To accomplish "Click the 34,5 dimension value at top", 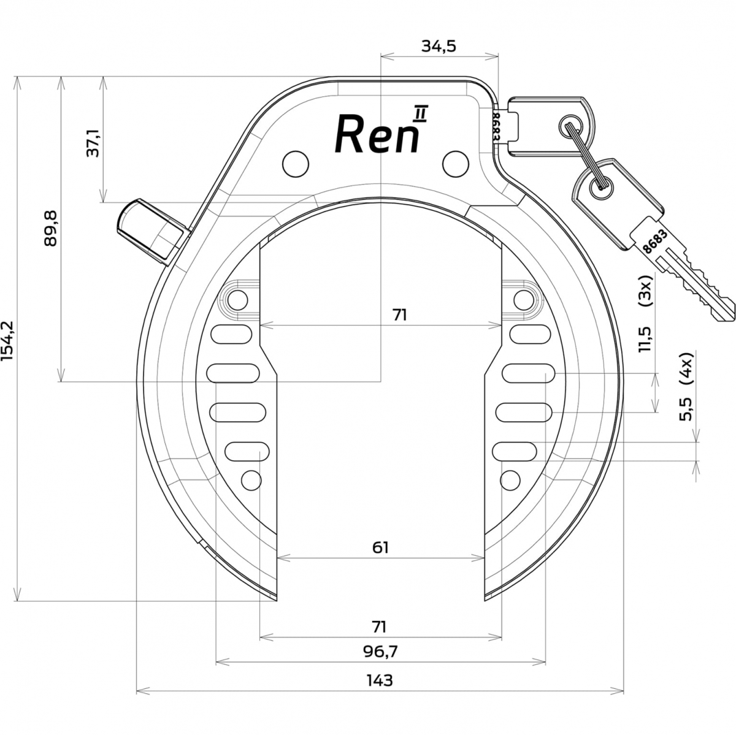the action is (x=439, y=46).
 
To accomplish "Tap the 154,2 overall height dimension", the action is (x=7, y=341).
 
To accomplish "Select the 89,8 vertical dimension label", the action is (x=50, y=228).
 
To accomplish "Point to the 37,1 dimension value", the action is (x=93, y=143).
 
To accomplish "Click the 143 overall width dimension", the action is (x=380, y=680).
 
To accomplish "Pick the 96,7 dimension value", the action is (x=380, y=652).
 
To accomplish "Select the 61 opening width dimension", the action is (x=380, y=548).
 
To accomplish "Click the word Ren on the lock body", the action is (x=377, y=134).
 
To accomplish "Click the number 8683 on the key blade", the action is (x=656, y=242).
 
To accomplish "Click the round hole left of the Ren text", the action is (x=295, y=164).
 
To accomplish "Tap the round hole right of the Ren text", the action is (x=455, y=164).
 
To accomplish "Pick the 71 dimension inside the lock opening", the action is (x=400, y=315).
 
